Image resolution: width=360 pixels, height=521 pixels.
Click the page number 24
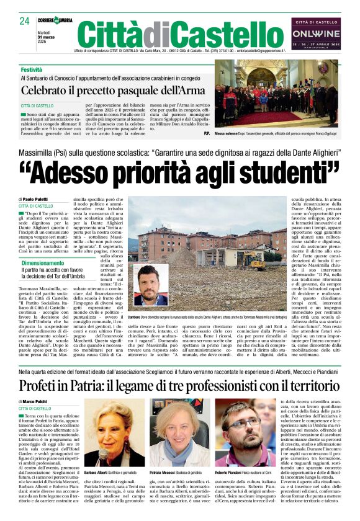[x=24, y=20]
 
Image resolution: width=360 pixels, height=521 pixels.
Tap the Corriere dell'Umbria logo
[x=55, y=20]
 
